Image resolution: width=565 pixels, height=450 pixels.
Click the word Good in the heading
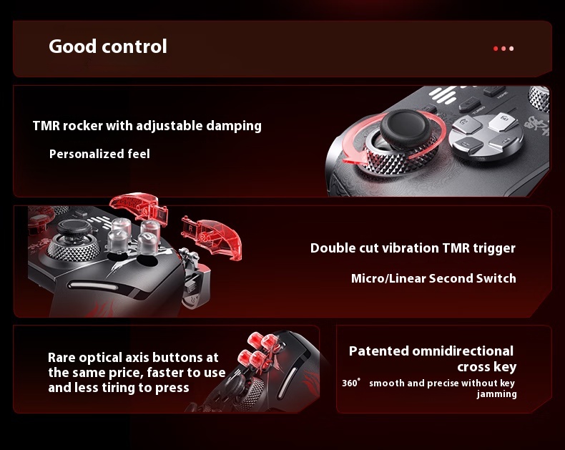(x=73, y=47)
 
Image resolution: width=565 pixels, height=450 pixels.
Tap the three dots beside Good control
(x=503, y=49)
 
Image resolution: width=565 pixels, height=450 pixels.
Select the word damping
(x=234, y=126)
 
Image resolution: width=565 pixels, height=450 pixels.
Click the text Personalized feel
(x=99, y=154)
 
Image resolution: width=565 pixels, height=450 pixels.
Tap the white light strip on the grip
(x=93, y=286)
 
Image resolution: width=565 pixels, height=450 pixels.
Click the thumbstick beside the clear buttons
(x=74, y=240)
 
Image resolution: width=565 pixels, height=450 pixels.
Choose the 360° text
(x=351, y=383)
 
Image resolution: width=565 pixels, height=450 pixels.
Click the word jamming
(x=496, y=394)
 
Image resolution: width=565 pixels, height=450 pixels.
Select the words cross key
(x=487, y=367)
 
